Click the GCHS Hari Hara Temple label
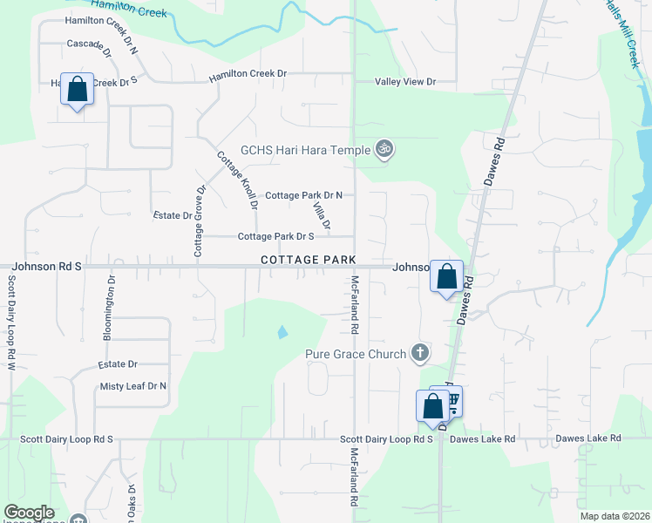pos(306,150)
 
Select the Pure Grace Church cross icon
pos(420,353)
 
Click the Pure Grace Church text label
pos(356,354)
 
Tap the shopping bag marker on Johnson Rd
pos(447,278)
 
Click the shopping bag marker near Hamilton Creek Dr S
pos(77,89)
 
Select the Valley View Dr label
pos(404,82)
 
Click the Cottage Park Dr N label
pos(303,195)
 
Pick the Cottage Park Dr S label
pos(275,236)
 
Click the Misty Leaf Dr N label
pos(133,386)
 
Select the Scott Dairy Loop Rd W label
pos(12,322)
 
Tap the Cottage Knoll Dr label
pos(237,180)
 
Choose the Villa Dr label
pos(321,214)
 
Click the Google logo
pos(29,513)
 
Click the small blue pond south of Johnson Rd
pos(281,332)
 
